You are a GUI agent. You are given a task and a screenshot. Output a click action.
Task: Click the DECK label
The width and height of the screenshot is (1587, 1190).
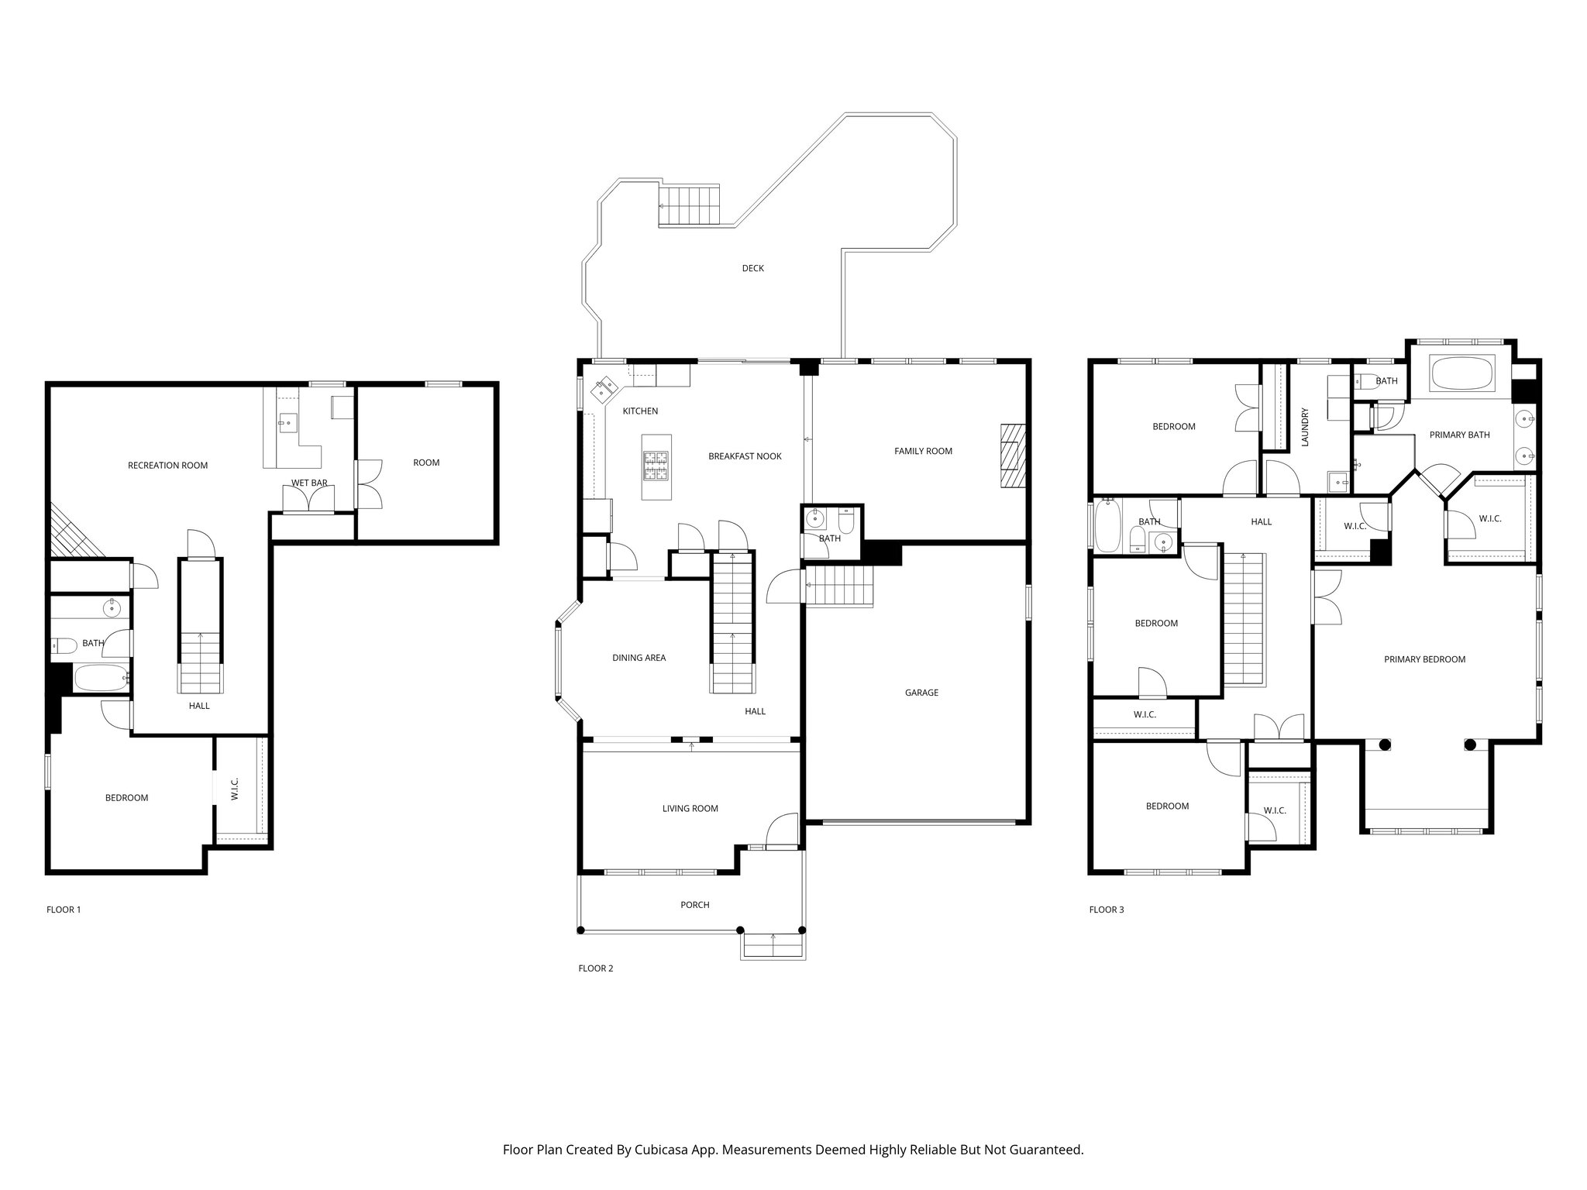pyautogui.click(x=752, y=269)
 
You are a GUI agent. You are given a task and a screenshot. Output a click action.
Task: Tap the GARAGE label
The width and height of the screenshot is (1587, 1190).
pyautogui.click(x=921, y=693)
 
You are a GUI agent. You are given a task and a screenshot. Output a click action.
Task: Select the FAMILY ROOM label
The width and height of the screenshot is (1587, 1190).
pyautogui.click(x=923, y=451)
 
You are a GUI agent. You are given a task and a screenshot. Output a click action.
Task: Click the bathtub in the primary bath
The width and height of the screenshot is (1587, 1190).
pyautogui.click(x=1460, y=373)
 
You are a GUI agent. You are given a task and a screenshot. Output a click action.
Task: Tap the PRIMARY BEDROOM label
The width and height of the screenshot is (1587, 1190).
pyautogui.click(x=1424, y=659)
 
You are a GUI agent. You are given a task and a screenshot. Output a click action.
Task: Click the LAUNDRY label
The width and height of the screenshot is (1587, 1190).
pyautogui.click(x=1305, y=427)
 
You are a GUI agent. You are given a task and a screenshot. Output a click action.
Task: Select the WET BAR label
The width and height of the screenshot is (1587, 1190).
pyautogui.click(x=309, y=483)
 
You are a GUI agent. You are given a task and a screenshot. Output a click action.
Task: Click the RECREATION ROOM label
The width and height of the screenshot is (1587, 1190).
pyautogui.click(x=167, y=466)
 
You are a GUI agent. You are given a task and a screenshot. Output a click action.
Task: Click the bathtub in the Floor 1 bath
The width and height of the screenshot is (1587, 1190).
pyautogui.click(x=101, y=677)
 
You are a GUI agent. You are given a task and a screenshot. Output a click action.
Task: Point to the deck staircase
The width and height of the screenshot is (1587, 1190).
pyautogui.click(x=689, y=205)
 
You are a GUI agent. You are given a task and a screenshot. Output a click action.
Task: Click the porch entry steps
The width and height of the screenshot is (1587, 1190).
pyautogui.click(x=773, y=946)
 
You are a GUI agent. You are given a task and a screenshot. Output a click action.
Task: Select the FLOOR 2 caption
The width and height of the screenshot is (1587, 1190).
pyautogui.click(x=595, y=968)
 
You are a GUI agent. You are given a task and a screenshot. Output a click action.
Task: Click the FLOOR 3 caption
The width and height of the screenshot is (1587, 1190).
pyautogui.click(x=1106, y=910)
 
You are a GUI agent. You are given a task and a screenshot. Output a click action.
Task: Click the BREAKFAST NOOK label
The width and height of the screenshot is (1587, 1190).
pyautogui.click(x=745, y=456)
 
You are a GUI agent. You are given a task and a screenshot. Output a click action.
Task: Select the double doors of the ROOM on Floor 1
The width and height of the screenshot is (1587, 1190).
pyautogui.click(x=369, y=484)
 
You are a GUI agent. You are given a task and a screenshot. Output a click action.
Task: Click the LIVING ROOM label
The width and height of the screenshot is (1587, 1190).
pyautogui.click(x=690, y=808)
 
